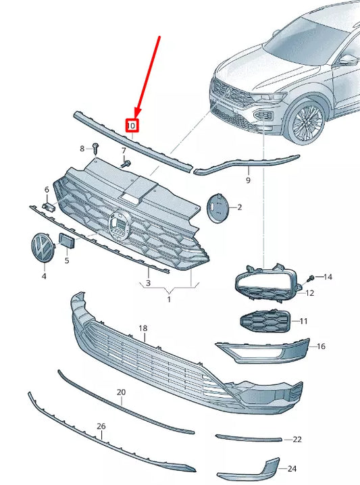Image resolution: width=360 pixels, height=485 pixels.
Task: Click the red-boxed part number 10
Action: coord(132,125)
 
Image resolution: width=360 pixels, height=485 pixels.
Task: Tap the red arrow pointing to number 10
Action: coord(148,74)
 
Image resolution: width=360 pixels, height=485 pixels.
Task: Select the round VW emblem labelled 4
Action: coord(43,248)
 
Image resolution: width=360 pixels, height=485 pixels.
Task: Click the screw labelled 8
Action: coord(95,147)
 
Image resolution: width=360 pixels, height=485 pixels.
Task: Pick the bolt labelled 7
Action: coord(125,163)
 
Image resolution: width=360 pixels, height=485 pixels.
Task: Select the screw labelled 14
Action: coord(311,277)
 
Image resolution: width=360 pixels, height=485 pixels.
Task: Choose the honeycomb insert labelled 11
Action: coord(263,322)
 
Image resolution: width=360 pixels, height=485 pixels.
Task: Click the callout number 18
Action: coord(143,328)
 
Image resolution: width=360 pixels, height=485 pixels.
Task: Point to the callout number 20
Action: coord(121,392)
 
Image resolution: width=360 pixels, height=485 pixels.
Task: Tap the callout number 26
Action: coord(101,426)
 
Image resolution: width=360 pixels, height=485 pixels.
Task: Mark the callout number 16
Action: coord(321,346)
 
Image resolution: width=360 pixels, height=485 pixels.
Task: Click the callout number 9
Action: coord(248,180)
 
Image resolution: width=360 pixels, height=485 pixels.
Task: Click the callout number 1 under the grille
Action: coord(170,298)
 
